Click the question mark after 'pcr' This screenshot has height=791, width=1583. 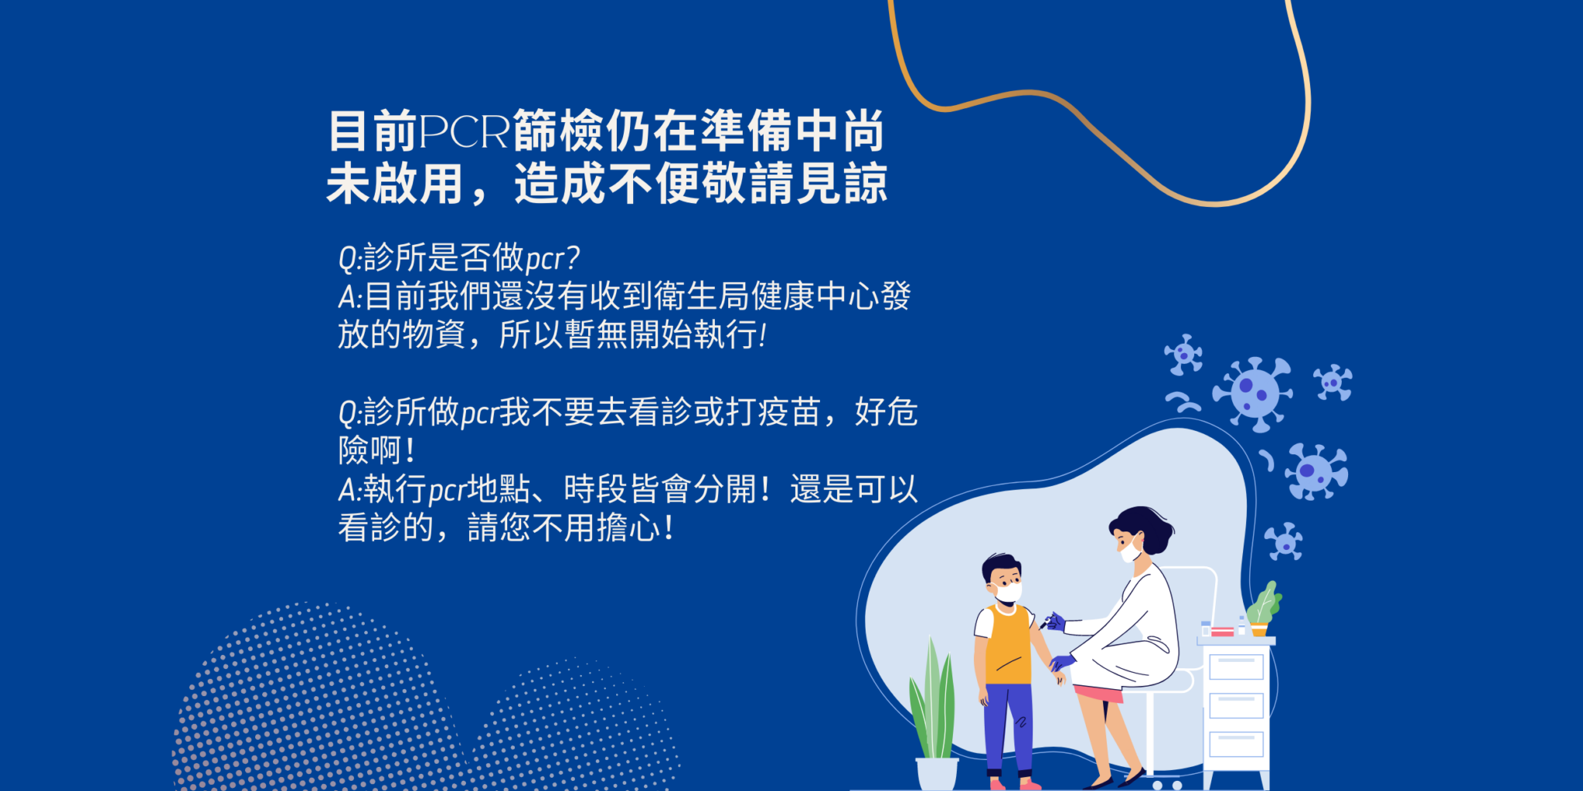coord(572,257)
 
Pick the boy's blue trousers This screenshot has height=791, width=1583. coord(1008,726)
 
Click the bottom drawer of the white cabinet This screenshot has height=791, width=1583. coord(1236,744)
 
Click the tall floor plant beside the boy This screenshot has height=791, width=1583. coord(933,699)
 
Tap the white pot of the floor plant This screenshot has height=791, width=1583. coord(936,773)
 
